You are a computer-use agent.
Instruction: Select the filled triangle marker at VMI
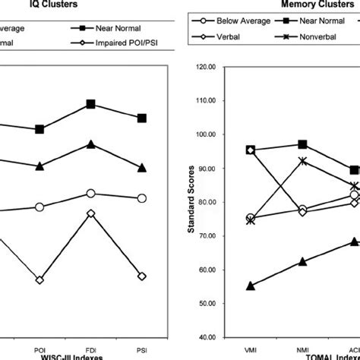tap(251, 286)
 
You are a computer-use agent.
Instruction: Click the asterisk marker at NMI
tap(302, 161)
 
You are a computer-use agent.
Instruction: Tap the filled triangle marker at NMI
tap(302, 261)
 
